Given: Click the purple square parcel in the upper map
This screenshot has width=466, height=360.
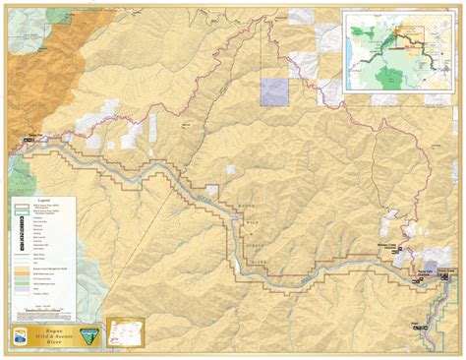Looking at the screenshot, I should [x=274, y=91].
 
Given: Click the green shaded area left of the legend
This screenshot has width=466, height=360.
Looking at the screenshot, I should [x=18, y=177].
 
